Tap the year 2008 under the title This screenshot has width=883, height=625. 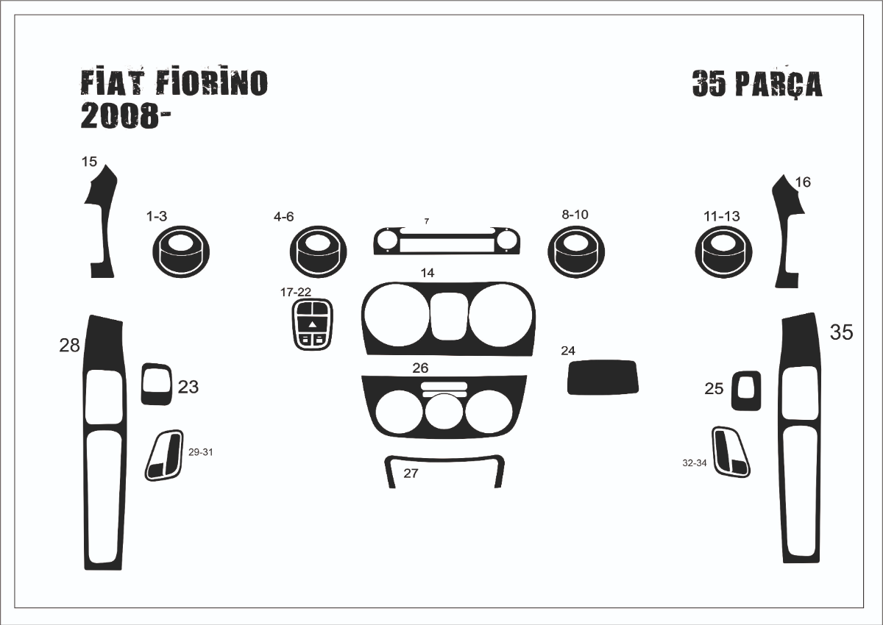[x=119, y=116]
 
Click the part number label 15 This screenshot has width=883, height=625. [x=89, y=162]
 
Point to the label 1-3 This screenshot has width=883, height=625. [x=157, y=216]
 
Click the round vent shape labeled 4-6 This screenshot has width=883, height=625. [x=318, y=251]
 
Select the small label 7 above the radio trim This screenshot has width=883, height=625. [x=427, y=221]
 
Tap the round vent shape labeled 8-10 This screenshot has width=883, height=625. [x=576, y=251]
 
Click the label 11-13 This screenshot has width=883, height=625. [x=722, y=216]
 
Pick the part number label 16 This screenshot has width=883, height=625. [x=803, y=182]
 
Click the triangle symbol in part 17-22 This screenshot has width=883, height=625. [x=312, y=324]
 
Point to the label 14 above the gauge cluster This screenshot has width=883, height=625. [x=428, y=273]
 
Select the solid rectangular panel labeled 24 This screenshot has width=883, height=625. [x=603, y=377]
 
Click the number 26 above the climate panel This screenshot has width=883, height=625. [x=420, y=368]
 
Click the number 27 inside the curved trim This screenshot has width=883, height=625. [x=411, y=473]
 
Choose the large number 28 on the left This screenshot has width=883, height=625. [x=70, y=346]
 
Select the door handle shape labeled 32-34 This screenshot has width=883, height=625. [x=731, y=451]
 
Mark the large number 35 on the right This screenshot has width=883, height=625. [x=842, y=332]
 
